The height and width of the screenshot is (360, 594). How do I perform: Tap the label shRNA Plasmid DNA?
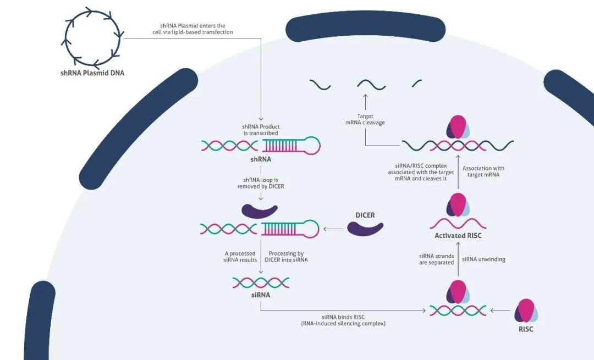click(92, 73)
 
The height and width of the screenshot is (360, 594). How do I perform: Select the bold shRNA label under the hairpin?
click(261, 159)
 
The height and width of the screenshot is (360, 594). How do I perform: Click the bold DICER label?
click(365, 215)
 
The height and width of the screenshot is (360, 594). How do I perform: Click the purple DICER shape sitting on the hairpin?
click(260, 212)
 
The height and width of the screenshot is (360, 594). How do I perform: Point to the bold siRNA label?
click(261, 295)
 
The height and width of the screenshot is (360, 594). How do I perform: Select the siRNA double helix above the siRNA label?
click(261, 283)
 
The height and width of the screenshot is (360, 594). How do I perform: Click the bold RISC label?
click(526, 329)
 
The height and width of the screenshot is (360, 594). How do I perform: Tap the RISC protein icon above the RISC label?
click(526, 311)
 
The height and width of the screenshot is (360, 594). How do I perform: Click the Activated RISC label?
click(458, 235)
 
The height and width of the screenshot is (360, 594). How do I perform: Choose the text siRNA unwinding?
click(484, 259)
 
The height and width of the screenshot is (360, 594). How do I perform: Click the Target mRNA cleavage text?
click(365, 119)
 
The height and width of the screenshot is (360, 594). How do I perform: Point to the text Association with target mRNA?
click(483, 171)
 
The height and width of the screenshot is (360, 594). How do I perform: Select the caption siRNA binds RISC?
click(343, 317)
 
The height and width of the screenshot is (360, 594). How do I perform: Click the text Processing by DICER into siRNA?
click(286, 257)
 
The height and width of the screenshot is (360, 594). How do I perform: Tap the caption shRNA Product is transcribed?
click(261, 130)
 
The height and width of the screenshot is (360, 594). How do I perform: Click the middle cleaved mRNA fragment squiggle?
click(371, 85)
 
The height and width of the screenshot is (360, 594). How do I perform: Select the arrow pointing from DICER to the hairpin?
click(333, 229)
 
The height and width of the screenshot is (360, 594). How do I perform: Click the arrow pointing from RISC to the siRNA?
click(501, 311)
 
